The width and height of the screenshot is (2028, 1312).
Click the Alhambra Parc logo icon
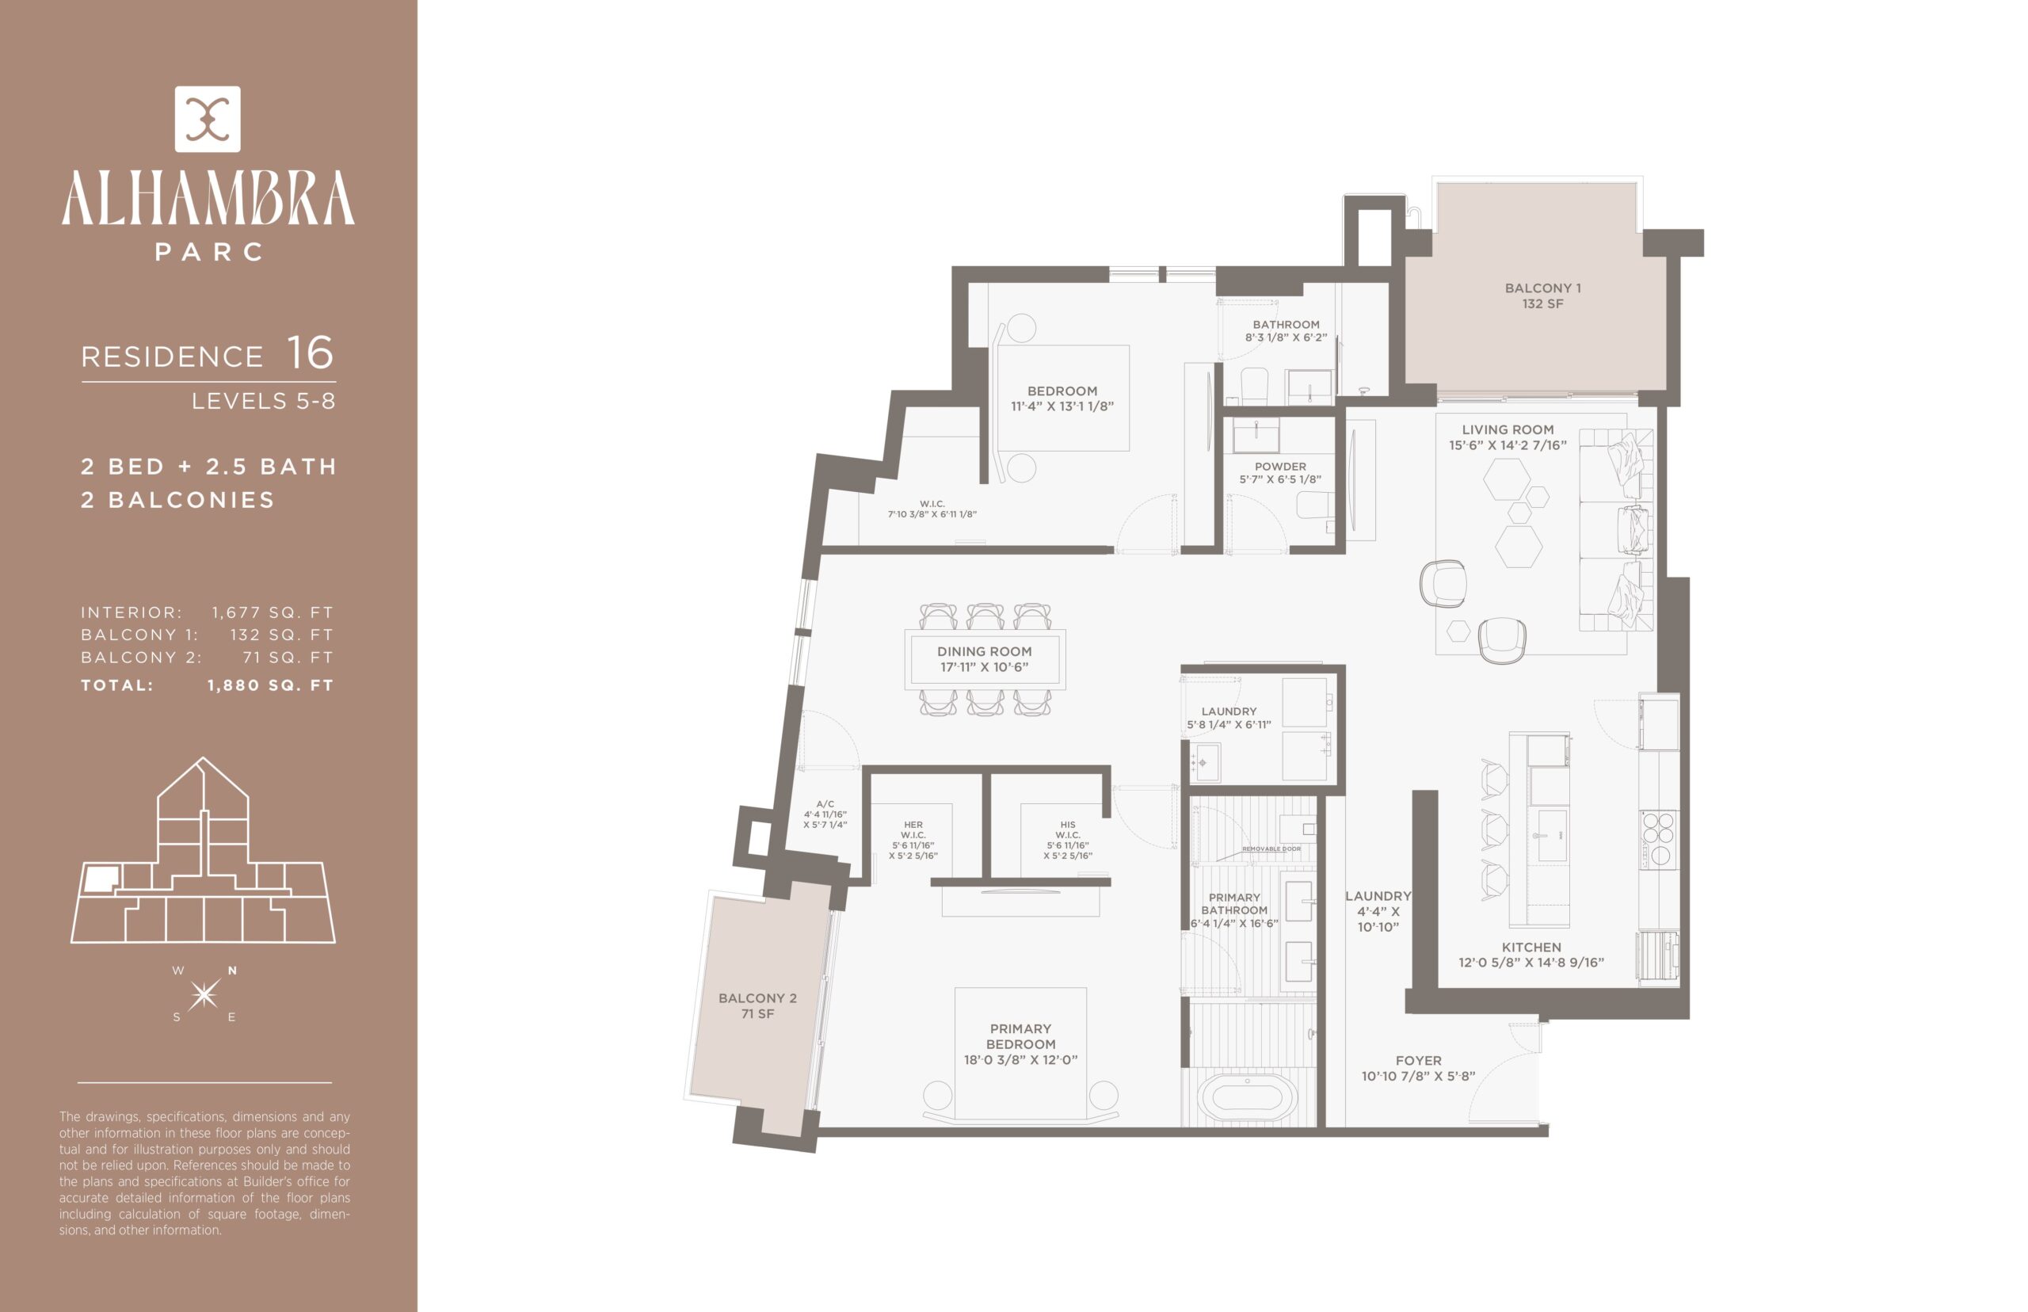pyautogui.click(x=207, y=120)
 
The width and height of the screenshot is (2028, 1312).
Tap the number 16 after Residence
pyautogui.click(x=310, y=353)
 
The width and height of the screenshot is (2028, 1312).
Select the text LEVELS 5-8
pyautogui.click(x=263, y=400)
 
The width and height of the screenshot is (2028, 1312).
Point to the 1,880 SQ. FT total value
pyautogui.click(x=270, y=685)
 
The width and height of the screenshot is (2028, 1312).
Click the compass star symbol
pyautogui.click(x=204, y=994)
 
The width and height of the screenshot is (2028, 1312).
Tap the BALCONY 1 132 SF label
pyautogui.click(x=1542, y=296)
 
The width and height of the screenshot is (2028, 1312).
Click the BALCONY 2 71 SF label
pyautogui.click(x=757, y=1005)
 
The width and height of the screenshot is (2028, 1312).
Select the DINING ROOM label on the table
pyautogui.click(x=985, y=658)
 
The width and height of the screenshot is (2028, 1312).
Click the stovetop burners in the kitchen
pyautogui.click(x=1657, y=839)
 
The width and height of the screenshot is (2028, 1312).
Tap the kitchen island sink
pyautogui.click(x=1552, y=835)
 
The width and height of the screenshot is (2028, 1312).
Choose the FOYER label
pyautogui.click(x=1418, y=1068)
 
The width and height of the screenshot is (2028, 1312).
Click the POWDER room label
pyautogui.click(x=1280, y=473)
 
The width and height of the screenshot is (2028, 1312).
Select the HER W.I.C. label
pyautogui.click(x=913, y=840)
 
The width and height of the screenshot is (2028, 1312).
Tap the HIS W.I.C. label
pyautogui.click(x=1068, y=840)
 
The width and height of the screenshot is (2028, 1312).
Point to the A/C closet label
pyautogui.click(x=825, y=814)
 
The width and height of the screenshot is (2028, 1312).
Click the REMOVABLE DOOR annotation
pyautogui.click(x=1271, y=849)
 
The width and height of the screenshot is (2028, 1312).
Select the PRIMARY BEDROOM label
pyautogui.click(x=1020, y=1043)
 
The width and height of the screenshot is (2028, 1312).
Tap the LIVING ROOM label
pyautogui.click(x=1508, y=437)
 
